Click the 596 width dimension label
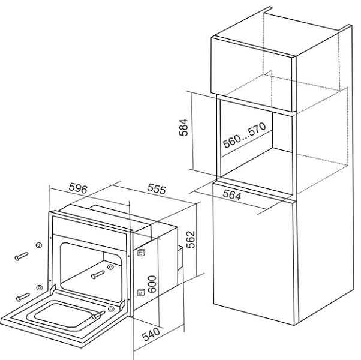point(79,188)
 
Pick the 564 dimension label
point(237,194)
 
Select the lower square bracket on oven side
point(140,292)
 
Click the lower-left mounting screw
point(23,295)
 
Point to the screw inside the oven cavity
point(98,275)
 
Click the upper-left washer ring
point(39,245)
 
